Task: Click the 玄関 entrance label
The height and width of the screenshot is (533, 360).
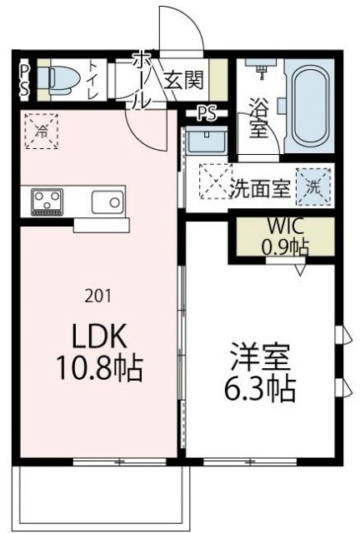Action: tap(182, 81)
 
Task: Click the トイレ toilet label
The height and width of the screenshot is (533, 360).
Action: tap(91, 79)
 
